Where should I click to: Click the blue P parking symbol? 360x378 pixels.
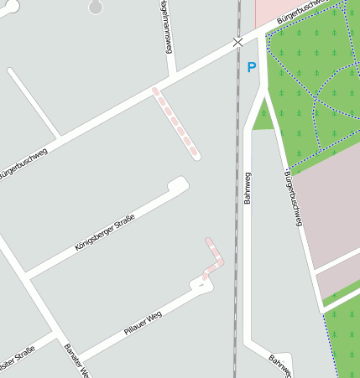[251, 67]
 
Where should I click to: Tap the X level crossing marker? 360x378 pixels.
[237, 41]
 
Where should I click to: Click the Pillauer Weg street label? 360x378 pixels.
[143, 322]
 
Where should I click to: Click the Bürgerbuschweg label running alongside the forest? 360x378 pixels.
[293, 198]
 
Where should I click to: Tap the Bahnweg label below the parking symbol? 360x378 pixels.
[248, 188]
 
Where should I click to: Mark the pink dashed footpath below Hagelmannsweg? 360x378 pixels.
[175, 122]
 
